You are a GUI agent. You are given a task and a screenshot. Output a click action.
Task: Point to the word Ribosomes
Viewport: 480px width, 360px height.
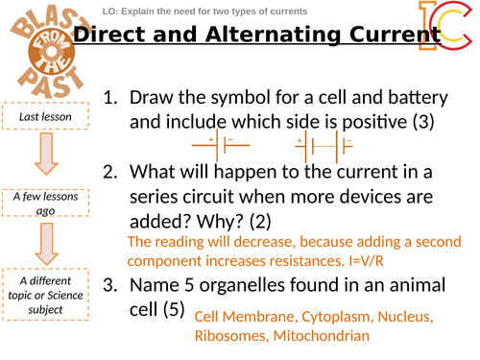click(231, 336)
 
